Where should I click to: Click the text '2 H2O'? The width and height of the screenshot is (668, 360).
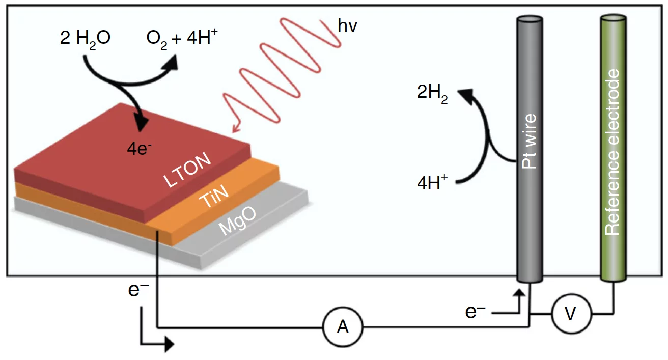click(85, 39)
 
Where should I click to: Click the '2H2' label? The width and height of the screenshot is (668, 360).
click(432, 95)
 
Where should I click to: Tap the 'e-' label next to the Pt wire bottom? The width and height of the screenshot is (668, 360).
click(475, 312)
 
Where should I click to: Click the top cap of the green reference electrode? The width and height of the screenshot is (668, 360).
click(614, 19)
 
